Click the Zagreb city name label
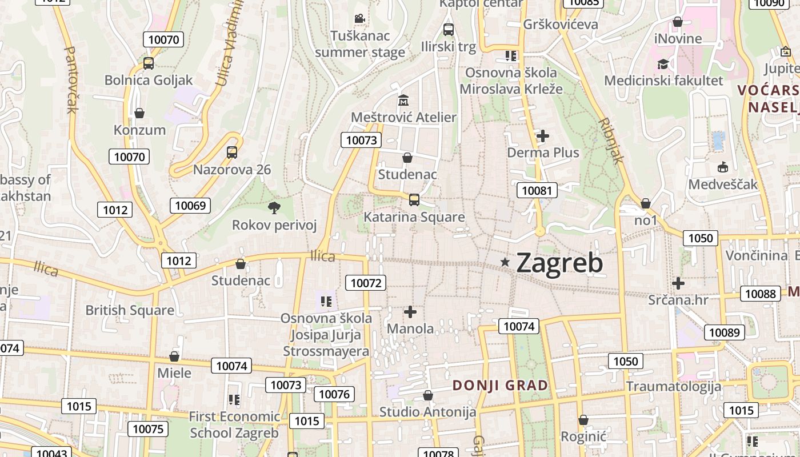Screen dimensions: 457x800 pyautogui.click(x=559, y=263)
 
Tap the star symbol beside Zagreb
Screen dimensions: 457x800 pyautogui.click(x=505, y=262)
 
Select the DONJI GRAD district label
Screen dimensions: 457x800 pyautogui.click(x=500, y=386)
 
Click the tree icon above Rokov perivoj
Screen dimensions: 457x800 pyautogui.click(x=274, y=207)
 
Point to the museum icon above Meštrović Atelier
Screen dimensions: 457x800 pyautogui.click(x=403, y=101)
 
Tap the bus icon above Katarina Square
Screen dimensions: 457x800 pyautogui.click(x=414, y=200)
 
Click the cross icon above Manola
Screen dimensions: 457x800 pyautogui.click(x=410, y=312)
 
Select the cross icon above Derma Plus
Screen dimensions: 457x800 pyautogui.click(x=543, y=136)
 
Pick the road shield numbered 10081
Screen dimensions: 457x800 pyautogui.click(x=537, y=190)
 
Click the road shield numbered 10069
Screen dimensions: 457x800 pyautogui.click(x=191, y=206)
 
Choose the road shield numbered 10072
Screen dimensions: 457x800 pyautogui.click(x=366, y=282)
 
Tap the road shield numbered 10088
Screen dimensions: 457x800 pyautogui.click(x=761, y=294)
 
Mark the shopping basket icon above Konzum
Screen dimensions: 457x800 pyautogui.click(x=139, y=113)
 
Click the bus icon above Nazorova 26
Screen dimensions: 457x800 pyautogui.click(x=232, y=153)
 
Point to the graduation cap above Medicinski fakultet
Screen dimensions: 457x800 pyautogui.click(x=663, y=64)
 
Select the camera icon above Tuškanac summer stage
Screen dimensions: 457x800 pyautogui.click(x=359, y=19)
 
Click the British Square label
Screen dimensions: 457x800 pyautogui.click(x=130, y=310)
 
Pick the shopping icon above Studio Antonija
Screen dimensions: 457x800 pyautogui.click(x=427, y=395)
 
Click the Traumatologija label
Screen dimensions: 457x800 pyautogui.click(x=674, y=386)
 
